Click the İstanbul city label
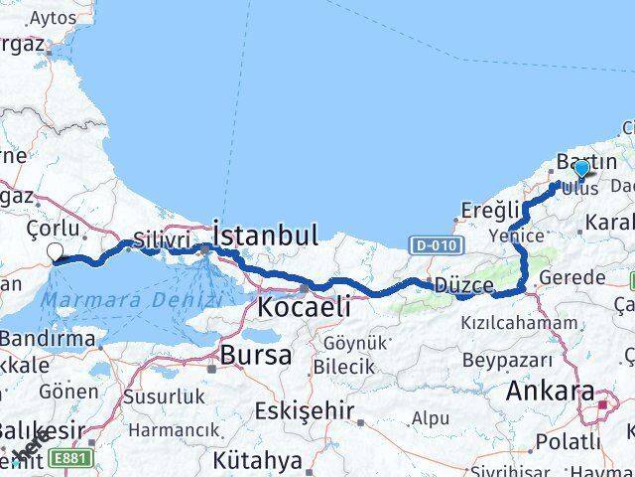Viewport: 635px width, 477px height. pyautogui.click(x=266, y=236)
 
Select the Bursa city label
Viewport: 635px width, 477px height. pyautogui.click(x=256, y=354)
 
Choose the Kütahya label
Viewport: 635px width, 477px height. pyautogui.click(x=256, y=460)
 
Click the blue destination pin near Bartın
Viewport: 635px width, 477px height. pyautogui.click(x=581, y=169)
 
